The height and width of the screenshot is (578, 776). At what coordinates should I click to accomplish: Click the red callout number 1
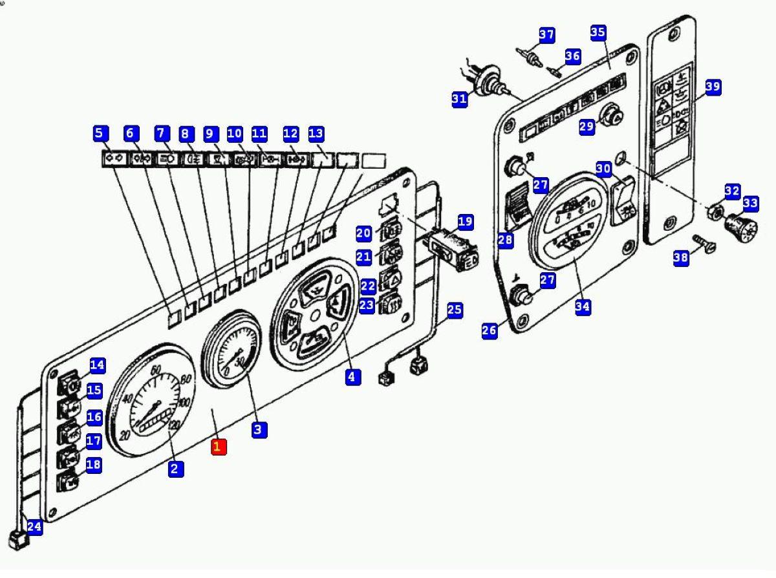(x=217, y=446)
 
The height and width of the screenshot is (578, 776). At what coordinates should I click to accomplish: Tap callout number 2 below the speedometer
(x=175, y=469)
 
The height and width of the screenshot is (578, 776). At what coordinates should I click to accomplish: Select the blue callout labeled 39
(x=712, y=87)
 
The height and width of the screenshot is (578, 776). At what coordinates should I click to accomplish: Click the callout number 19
(x=465, y=222)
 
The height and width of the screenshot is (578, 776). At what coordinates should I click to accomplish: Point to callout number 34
(x=583, y=306)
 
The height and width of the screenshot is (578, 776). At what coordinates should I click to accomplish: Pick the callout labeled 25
(x=455, y=310)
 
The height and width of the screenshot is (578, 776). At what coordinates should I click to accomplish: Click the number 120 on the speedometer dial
(x=173, y=425)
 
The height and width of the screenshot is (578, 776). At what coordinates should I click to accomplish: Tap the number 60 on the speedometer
(x=155, y=370)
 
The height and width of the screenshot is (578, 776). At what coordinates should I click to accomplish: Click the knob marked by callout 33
(x=742, y=227)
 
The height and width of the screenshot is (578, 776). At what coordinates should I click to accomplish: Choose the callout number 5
(x=99, y=134)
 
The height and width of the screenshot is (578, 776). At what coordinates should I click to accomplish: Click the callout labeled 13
(x=316, y=134)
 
